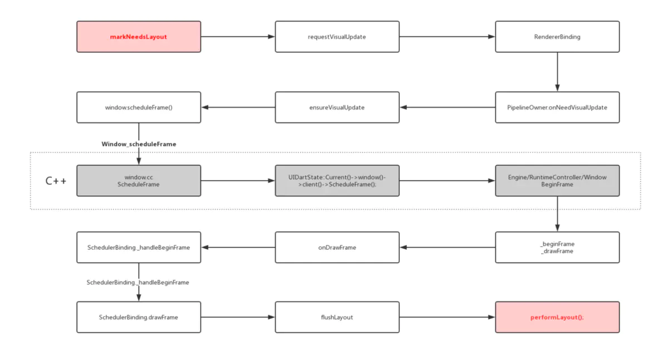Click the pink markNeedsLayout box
click(x=139, y=37)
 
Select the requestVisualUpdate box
click(x=337, y=37)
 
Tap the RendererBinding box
click(x=557, y=37)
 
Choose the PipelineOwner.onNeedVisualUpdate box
click(x=557, y=107)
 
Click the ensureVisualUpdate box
click(x=337, y=107)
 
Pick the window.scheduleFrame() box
click(x=139, y=107)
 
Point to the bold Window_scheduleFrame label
click(x=139, y=144)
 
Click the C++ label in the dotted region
click(x=56, y=181)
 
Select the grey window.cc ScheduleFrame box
click(x=139, y=181)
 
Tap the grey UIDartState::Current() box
click(x=337, y=181)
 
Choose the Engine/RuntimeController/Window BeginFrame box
click(x=557, y=181)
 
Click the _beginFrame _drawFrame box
click(x=557, y=248)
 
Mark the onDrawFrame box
click(x=337, y=248)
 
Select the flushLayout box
click(x=337, y=317)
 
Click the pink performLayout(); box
click(x=557, y=317)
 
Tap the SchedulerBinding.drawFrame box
click(x=139, y=317)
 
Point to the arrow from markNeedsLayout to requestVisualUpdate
click(x=238, y=37)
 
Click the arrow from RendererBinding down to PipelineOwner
click(x=557, y=72)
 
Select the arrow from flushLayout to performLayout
click(x=448, y=317)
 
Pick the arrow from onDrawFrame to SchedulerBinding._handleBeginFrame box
click(x=238, y=248)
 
